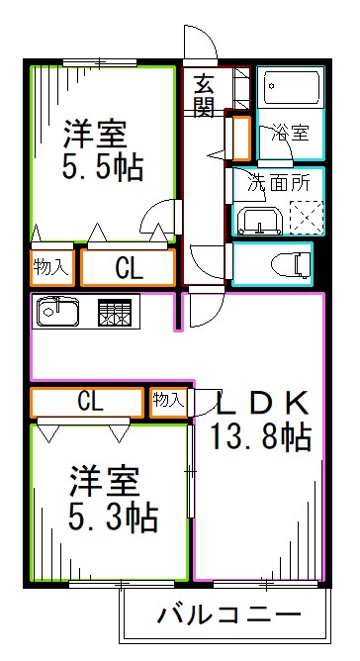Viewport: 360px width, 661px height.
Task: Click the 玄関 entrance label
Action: click(204, 95)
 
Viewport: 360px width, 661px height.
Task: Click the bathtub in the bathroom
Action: click(290, 92)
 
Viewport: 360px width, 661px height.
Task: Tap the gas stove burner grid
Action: click(114, 313)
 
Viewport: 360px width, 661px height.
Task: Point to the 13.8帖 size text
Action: click(260, 435)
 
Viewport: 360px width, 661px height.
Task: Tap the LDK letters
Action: click(262, 402)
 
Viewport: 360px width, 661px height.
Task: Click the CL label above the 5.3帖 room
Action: click(89, 401)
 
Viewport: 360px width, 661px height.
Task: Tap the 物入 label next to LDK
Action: click(168, 400)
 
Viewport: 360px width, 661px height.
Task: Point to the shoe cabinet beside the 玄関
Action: click(239, 138)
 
